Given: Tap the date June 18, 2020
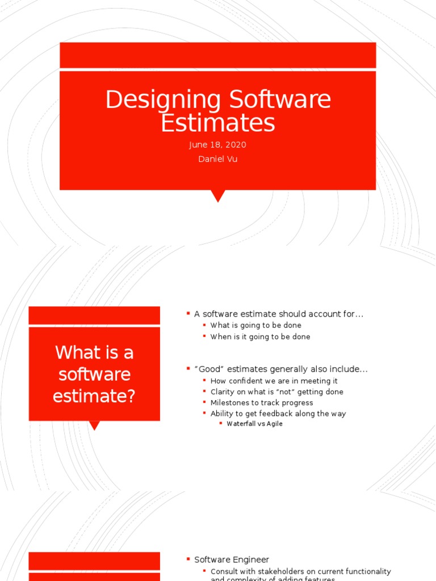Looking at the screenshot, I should coord(217,145).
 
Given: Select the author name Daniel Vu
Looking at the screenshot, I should coord(217,159).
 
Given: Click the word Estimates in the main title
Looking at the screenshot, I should coord(217,123).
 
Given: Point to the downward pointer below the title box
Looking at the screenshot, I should coord(217,196).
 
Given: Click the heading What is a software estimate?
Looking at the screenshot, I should coord(94,374).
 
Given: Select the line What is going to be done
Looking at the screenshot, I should coord(255,325).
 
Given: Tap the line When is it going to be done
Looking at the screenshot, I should coord(260,336).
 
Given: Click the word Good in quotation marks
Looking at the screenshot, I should coord(208,369).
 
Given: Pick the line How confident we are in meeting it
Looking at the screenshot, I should coord(274,381).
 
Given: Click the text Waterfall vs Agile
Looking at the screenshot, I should coord(254,424).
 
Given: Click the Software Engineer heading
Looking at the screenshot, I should coord(232,559).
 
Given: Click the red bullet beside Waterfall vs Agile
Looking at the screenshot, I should coord(221,423).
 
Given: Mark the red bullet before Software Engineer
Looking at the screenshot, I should coord(188,559).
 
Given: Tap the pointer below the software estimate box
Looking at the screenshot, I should coord(94,425).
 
